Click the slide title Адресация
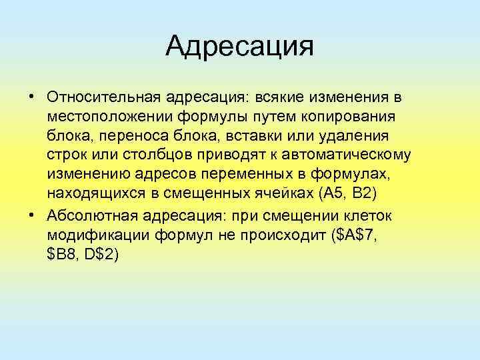point(239,46)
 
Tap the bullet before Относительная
point(31,97)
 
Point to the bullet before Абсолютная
point(31,217)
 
